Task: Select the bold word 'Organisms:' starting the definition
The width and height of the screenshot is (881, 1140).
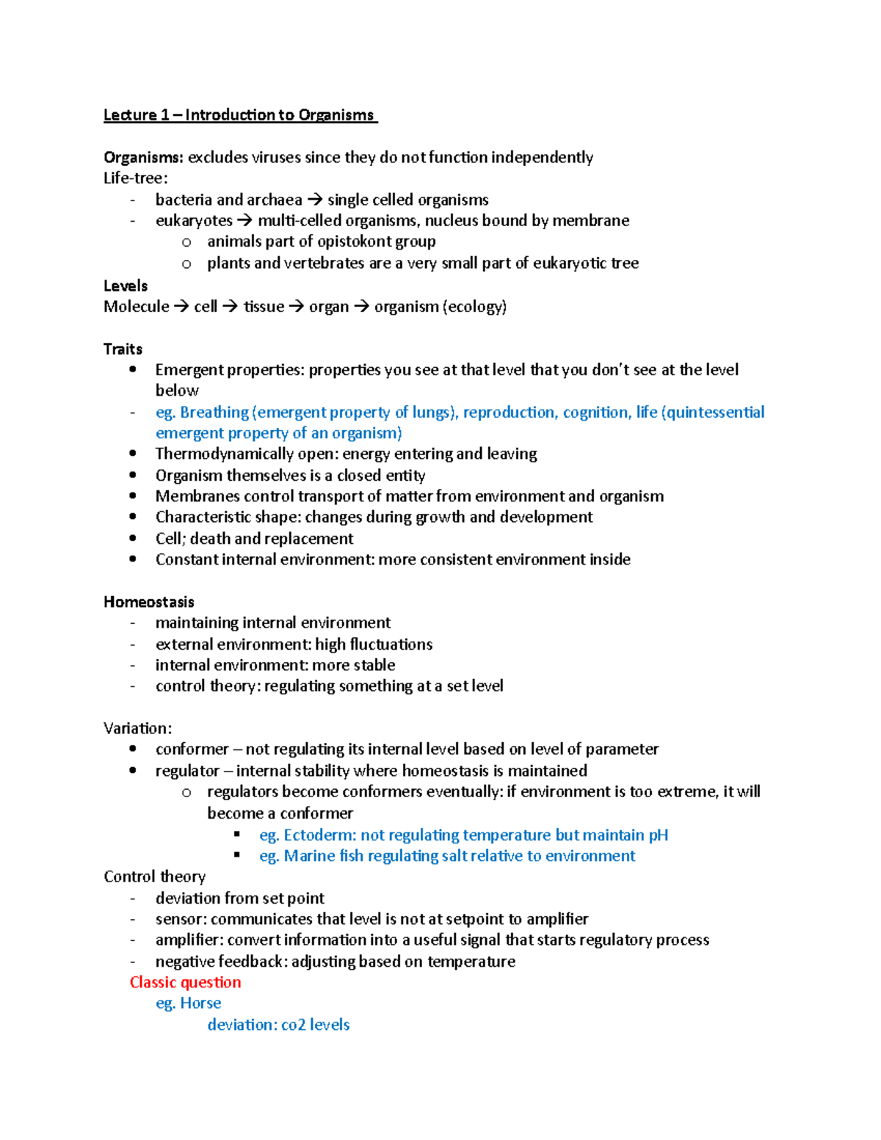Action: pos(143,157)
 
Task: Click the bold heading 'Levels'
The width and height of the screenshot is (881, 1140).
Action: pos(126,286)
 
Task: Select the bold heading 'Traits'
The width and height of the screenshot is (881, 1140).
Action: pos(123,349)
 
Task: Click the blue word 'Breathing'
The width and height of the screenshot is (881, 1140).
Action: pos(214,413)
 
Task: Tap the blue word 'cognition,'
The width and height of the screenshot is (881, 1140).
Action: pos(597,413)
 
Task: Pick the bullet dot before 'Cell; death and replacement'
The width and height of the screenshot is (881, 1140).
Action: pos(133,538)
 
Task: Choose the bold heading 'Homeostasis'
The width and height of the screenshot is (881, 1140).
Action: pos(149,602)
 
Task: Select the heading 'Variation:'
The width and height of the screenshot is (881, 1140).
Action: pos(138,728)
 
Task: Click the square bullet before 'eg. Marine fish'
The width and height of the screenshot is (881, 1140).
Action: pos(237,855)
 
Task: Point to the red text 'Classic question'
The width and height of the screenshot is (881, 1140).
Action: pos(186,982)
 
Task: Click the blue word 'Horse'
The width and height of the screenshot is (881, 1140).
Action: pos(200,1003)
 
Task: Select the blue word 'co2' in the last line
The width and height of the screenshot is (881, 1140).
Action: pos(293,1025)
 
